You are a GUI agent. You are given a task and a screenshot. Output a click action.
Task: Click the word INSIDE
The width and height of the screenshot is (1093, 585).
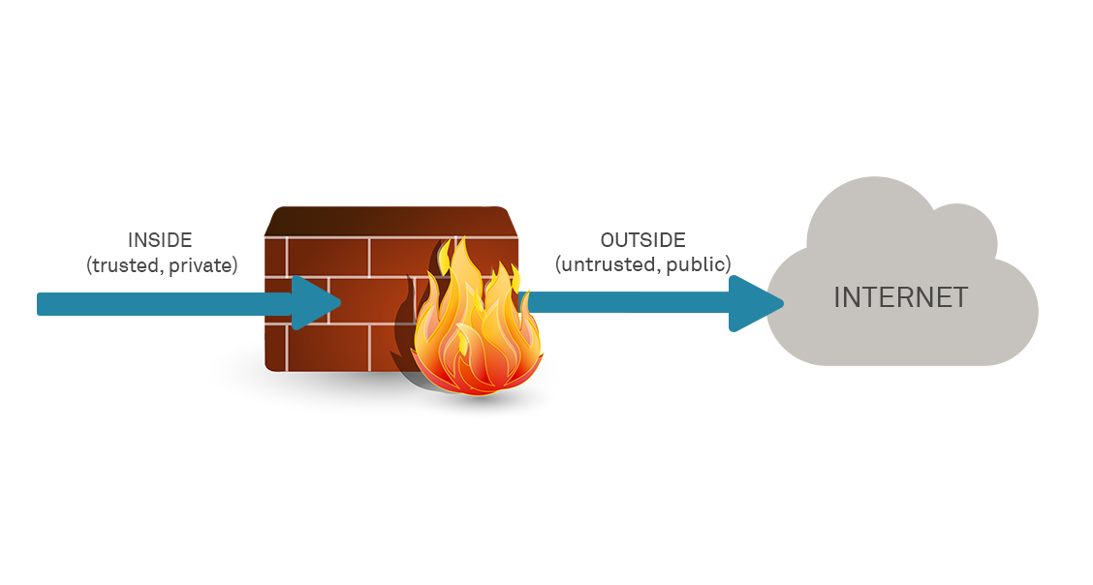(160, 240)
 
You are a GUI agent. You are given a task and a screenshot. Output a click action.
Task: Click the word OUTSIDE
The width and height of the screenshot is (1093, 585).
(642, 240)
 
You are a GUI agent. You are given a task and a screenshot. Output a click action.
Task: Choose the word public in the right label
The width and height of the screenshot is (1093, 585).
(699, 264)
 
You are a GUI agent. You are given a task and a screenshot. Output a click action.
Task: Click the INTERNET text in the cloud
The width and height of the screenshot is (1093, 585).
(900, 297)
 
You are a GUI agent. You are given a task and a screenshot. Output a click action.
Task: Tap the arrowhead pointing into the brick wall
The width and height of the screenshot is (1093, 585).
(314, 303)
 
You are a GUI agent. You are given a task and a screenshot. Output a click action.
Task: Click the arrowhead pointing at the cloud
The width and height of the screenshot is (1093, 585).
(755, 303)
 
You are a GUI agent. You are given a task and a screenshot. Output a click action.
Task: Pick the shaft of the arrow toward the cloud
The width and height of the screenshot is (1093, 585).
(630, 303)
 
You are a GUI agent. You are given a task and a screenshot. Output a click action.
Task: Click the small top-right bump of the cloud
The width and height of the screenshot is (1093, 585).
(959, 228)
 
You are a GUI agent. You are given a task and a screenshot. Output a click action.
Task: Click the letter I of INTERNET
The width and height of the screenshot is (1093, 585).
(837, 297)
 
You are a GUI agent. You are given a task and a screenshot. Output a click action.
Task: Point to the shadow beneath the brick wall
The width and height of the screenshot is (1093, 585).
(320, 383)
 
